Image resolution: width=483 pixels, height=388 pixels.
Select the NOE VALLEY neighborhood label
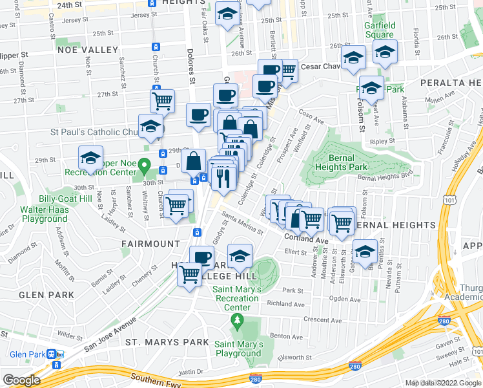pyautogui.click(x=85, y=49)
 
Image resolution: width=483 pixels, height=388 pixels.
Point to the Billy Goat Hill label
pyautogui.click(x=65, y=199)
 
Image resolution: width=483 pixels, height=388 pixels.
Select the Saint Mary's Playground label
pyautogui.click(x=238, y=349)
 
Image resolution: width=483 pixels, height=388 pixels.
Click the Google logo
pyautogui.click(x=21, y=380)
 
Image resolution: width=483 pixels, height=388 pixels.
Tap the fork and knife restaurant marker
pyautogui.click(x=223, y=177)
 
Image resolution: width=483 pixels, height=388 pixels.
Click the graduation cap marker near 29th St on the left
pyautogui.click(x=90, y=158)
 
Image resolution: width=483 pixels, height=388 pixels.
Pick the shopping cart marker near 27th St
pyautogui.click(x=162, y=100)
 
